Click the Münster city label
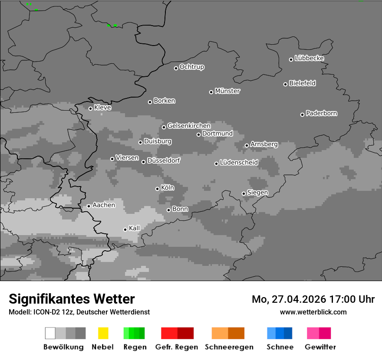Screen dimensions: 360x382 tap(227, 91)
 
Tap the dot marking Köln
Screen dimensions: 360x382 tap(157, 189)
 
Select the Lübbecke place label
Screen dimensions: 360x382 tap(310, 58)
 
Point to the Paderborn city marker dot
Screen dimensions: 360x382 tap(302, 115)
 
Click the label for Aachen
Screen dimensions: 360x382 tap(104, 205)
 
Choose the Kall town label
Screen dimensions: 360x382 tap(135, 228)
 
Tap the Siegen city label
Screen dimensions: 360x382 tap(257, 193)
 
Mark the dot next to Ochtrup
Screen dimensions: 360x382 tap(176, 68)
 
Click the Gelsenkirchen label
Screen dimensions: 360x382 tap(189, 126)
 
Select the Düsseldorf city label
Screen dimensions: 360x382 tap(164, 160)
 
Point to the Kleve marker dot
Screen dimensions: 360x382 tap(90, 108)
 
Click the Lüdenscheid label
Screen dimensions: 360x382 tap(239, 163)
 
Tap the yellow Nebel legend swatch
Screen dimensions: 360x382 tap(103, 333)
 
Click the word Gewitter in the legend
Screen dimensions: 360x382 tap(320, 347)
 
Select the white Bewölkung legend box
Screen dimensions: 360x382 tap(50, 333)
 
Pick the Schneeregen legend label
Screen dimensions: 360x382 tap(229, 347)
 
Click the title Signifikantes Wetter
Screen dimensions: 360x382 tap(72, 299)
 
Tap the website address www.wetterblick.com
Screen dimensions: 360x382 tap(313, 312)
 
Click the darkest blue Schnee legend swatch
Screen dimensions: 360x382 tap(288, 333)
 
